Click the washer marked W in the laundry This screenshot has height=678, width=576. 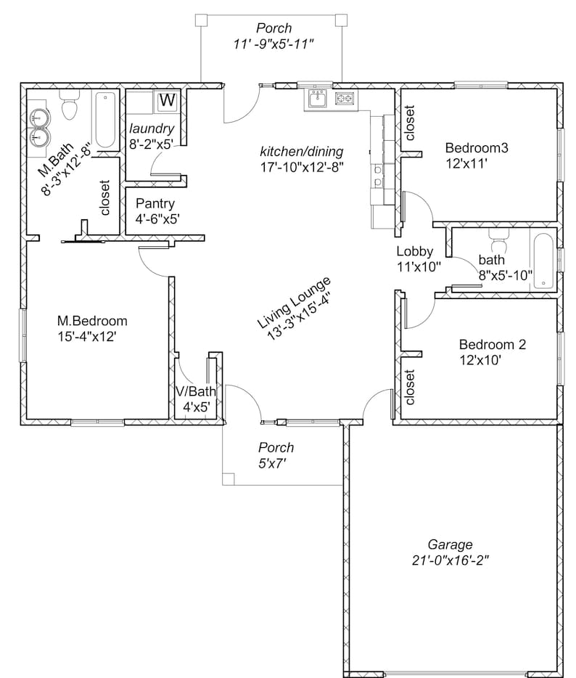167,101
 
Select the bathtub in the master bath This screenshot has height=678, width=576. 106,120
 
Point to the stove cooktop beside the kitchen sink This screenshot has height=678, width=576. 345,99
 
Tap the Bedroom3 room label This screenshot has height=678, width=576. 476,148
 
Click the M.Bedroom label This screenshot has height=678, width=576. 92,321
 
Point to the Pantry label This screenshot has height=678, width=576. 155,203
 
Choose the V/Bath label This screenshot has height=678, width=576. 196,392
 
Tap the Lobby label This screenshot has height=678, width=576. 414,252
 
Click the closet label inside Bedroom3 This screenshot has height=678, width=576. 410,123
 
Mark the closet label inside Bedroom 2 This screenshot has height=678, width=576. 410,388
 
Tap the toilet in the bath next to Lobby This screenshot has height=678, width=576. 497,237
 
